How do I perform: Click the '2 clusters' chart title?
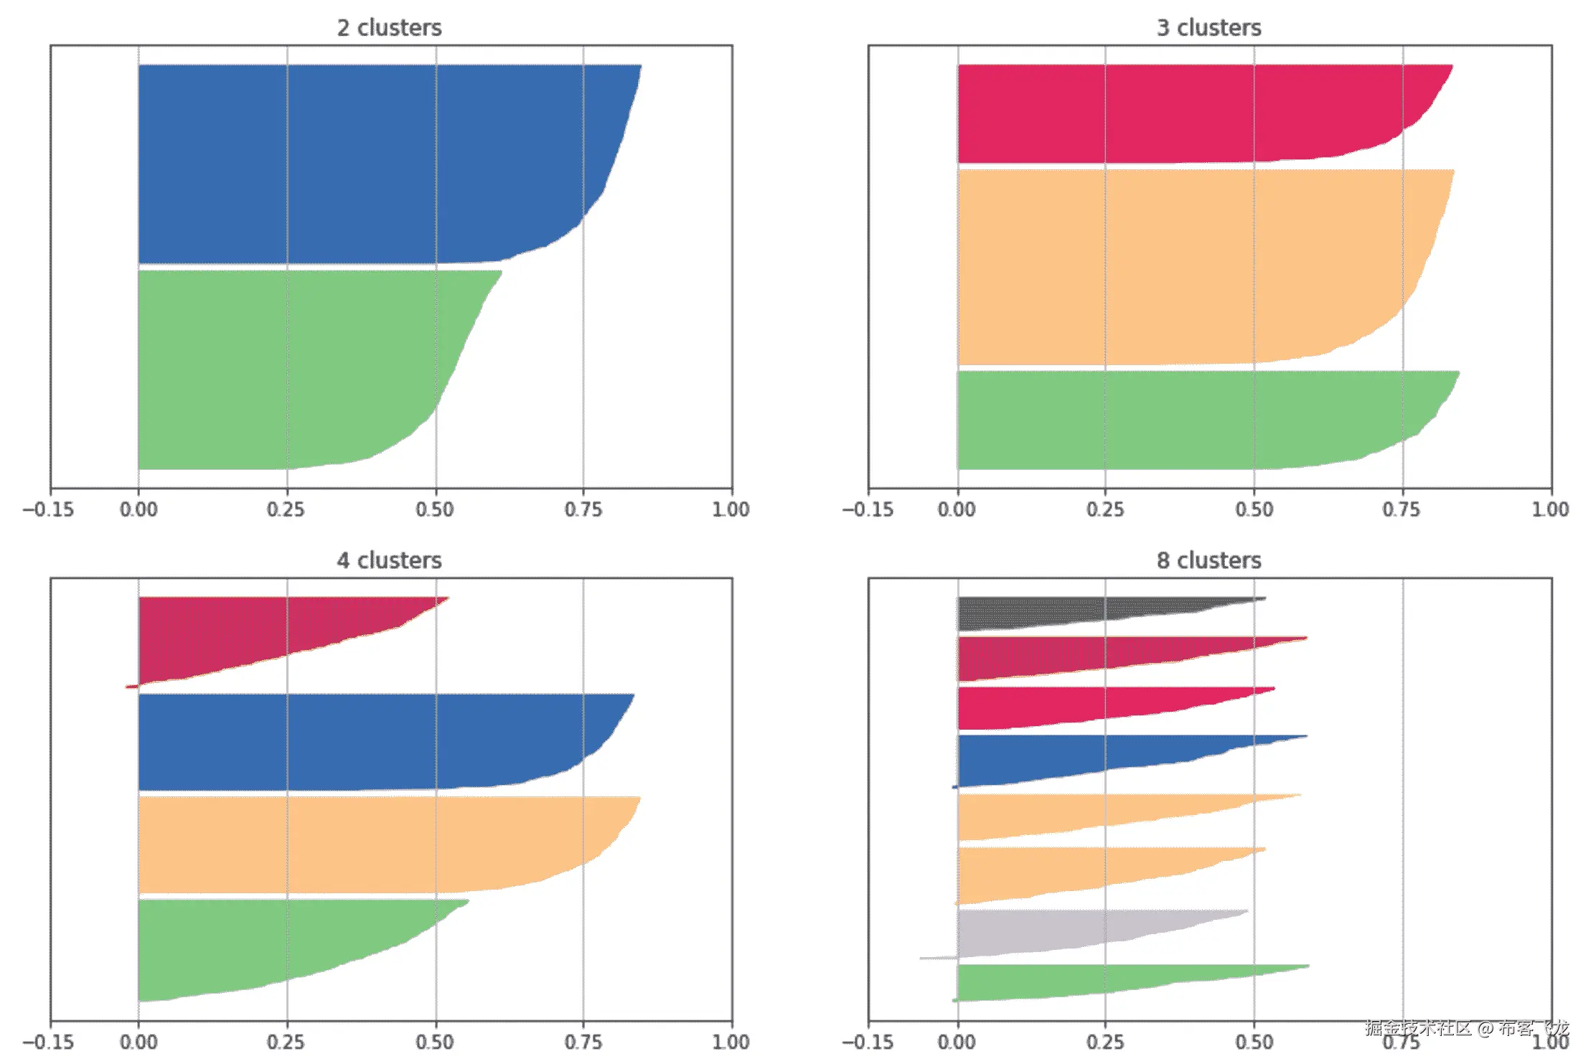[x=389, y=28]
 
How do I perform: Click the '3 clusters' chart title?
[x=1208, y=28]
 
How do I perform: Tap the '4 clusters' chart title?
[x=389, y=560]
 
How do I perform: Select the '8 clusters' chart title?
[x=1208, y=560]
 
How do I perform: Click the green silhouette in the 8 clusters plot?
[x=1041, y=981]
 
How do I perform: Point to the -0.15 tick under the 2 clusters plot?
[x=48, y=509]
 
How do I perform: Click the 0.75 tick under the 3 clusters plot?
[x=1402, y=509]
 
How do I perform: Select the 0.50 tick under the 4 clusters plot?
[x=435, y=1042]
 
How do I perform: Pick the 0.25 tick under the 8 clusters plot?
[x=1104, y=1042]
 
